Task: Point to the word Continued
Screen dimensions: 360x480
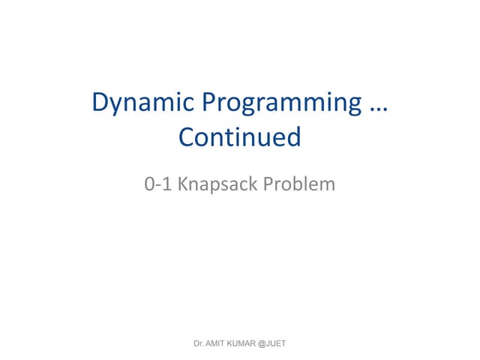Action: coord(240,136)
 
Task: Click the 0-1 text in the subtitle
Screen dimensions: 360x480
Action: coord(157,183)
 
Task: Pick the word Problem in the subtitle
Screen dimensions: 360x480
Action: coord(299,183)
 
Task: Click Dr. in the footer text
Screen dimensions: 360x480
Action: coord(199,343)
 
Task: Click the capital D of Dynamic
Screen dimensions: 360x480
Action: coord(100,102)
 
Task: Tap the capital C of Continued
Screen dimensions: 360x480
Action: coord(187,136)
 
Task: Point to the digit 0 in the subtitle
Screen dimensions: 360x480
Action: coord(149,183)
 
